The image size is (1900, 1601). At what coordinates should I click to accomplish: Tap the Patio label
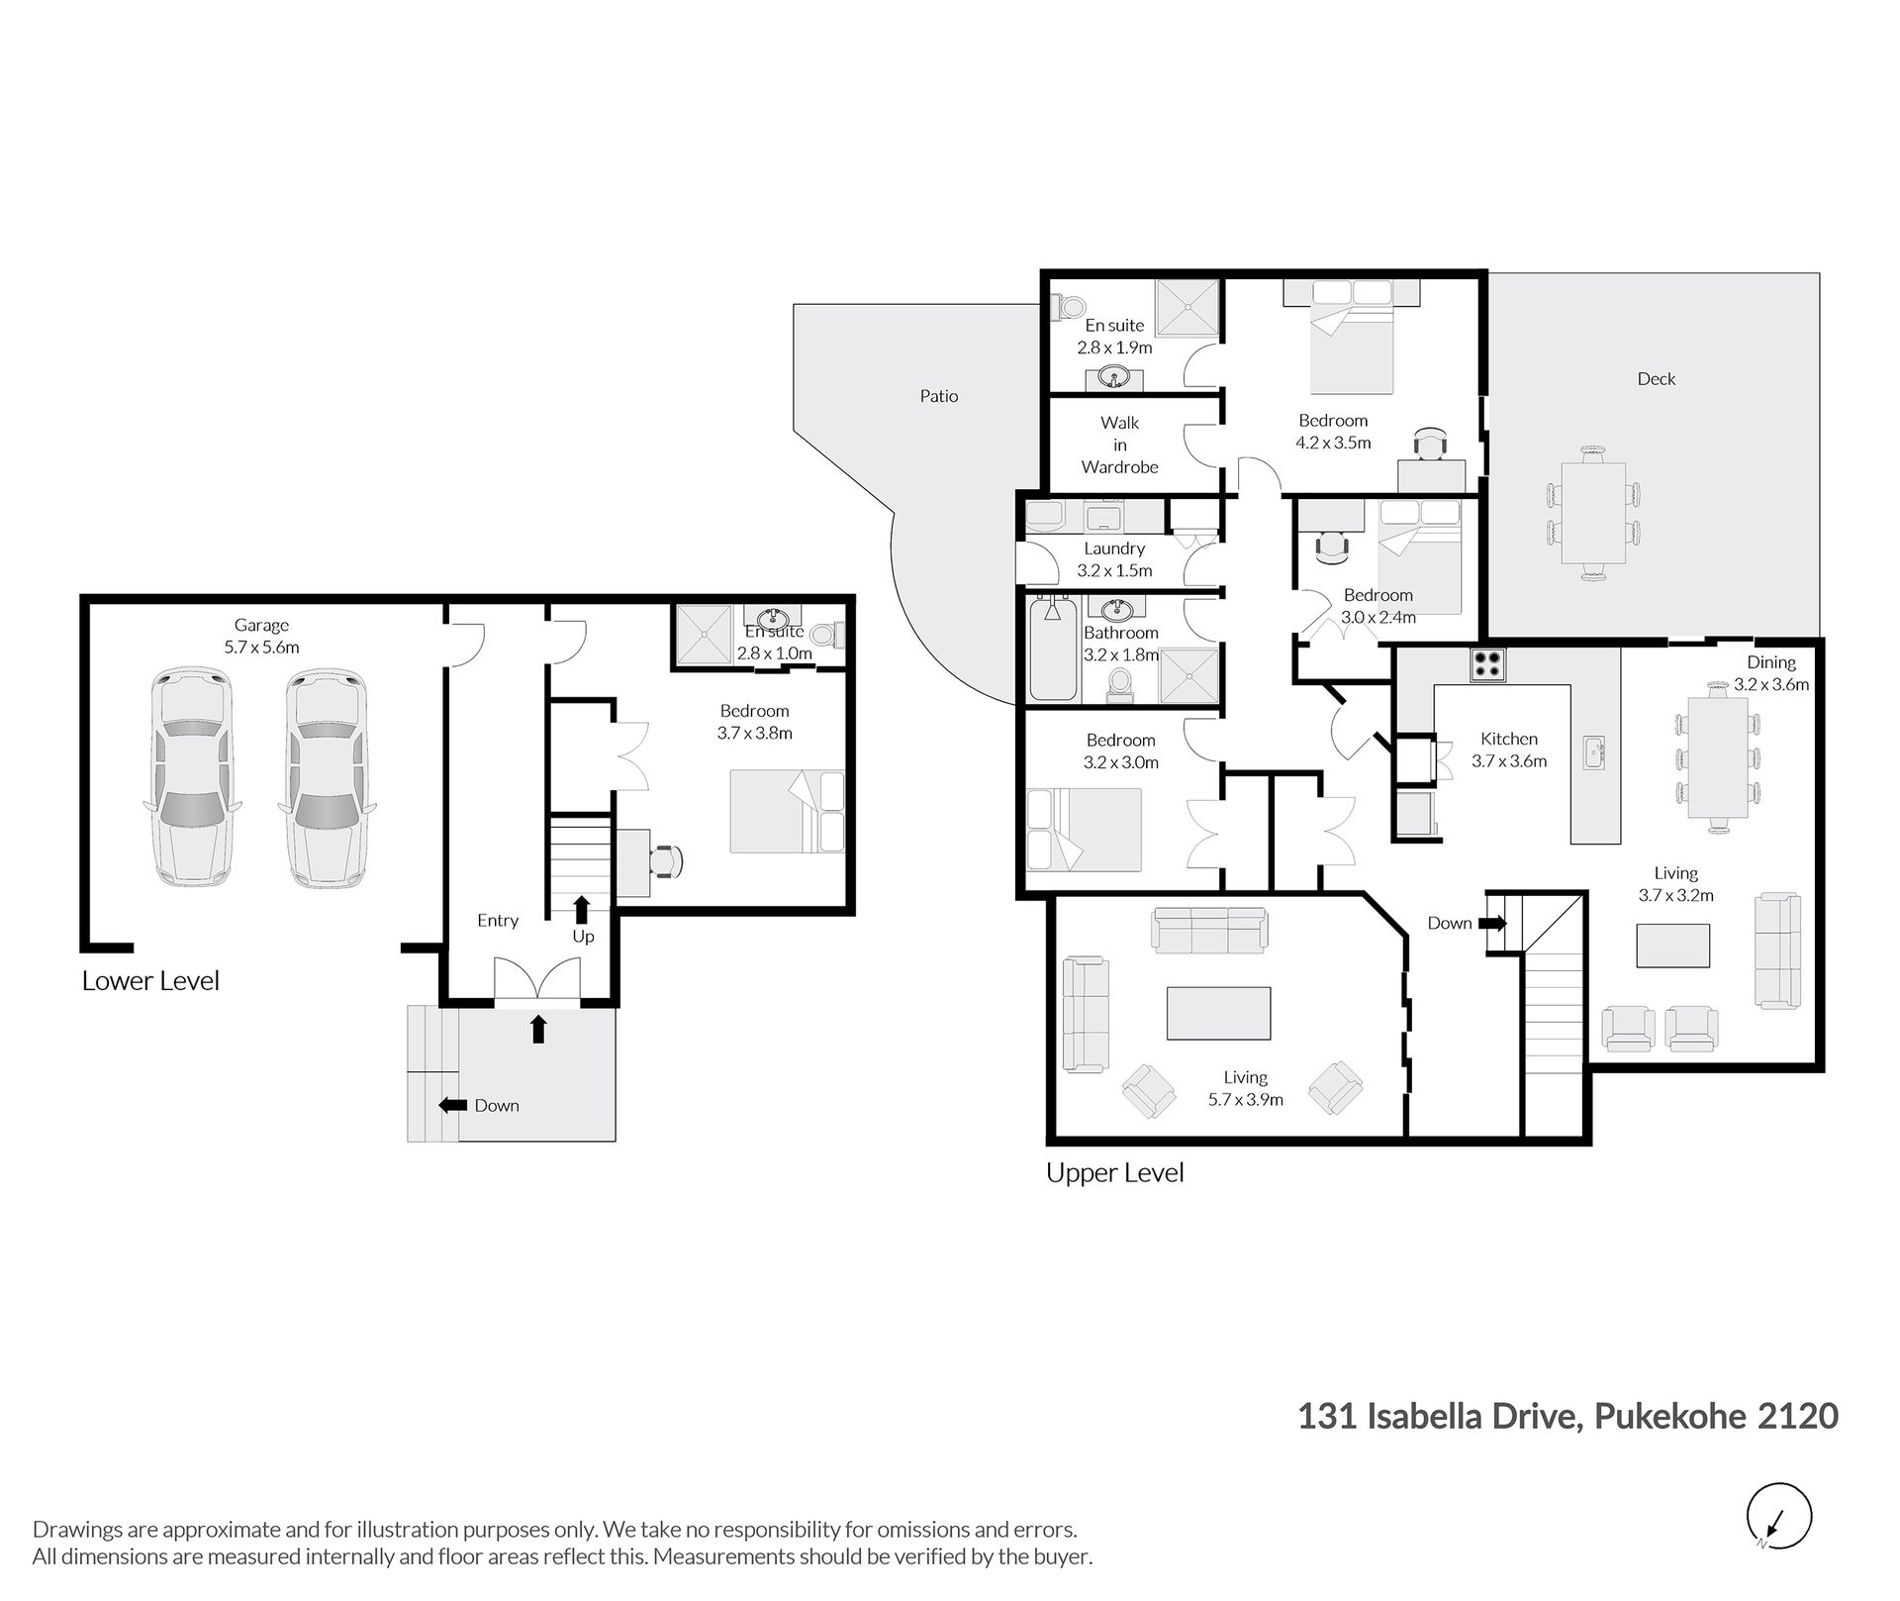tap(939, 396)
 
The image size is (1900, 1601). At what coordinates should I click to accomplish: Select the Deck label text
tap(1657, 378)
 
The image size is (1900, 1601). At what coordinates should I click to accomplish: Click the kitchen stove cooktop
tap(1487, 663)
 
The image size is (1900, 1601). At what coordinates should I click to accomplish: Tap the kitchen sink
tap(1594, 752)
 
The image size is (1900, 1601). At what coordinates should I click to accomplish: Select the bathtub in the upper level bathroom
tap(1052, 648)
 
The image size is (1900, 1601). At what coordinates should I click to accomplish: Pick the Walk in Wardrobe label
tap(1120, 445)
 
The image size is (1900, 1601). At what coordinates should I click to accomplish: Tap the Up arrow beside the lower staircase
tap(582, 908)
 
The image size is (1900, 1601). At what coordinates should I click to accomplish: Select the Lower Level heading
tap(150, 981)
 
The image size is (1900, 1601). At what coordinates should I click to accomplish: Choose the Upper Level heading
tap(1115, 1173)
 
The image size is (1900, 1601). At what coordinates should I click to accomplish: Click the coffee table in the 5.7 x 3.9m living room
tap(1219, 1013)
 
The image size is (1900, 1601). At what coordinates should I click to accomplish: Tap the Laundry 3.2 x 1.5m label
tap(1114, 559)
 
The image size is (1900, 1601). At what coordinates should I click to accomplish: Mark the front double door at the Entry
tap(537, 980)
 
